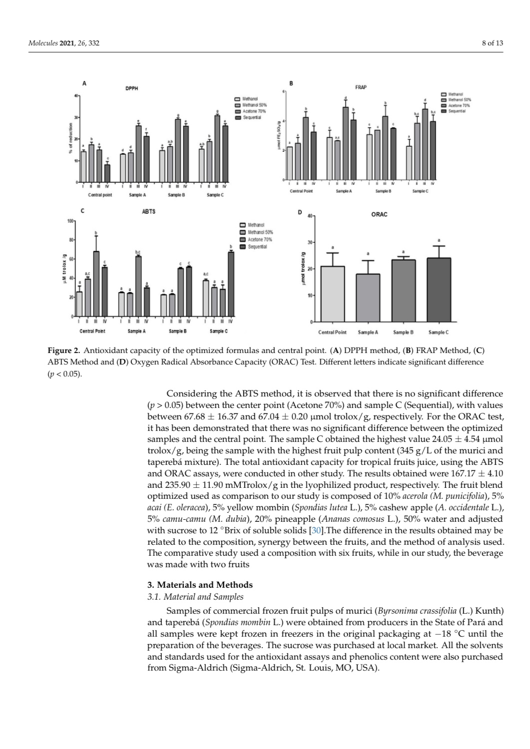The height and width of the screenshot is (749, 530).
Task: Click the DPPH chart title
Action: (132, 88)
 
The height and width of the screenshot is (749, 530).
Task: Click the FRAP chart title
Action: (361, 87)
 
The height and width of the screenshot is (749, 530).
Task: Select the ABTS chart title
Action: (149, 211)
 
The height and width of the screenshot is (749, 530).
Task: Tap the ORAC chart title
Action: (379, 214)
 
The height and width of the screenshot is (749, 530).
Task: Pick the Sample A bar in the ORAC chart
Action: (368, 298)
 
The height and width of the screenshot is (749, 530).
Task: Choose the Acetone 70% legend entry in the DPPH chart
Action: (254, 111)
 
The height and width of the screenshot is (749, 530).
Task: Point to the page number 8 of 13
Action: (493, 43)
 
